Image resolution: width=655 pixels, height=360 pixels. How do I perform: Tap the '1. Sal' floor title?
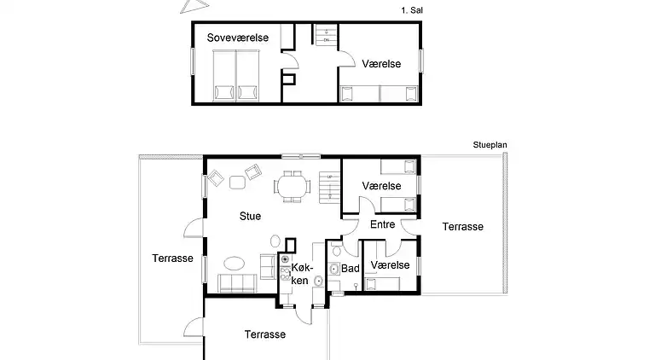[411, 10]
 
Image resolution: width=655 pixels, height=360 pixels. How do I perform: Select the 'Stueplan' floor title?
[490, 146]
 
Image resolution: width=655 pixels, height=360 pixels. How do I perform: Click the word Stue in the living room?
[250, 217]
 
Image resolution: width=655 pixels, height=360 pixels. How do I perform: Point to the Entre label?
[381, 224]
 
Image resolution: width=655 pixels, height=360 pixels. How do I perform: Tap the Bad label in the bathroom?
[350, 267]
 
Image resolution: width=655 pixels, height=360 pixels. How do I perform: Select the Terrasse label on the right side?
[463, 227]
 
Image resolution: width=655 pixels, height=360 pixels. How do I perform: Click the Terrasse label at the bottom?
[264, 334]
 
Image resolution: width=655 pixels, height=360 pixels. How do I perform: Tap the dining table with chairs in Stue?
[292, 185]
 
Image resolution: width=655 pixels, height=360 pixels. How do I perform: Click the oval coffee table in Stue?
[235, 263]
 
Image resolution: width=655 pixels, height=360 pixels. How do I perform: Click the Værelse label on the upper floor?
[381, 63]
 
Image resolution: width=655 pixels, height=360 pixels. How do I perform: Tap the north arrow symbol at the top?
[188, 7]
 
